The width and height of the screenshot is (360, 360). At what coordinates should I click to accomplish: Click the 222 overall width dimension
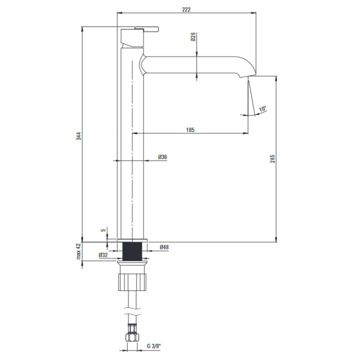pyautogui.click(x=186, y=9)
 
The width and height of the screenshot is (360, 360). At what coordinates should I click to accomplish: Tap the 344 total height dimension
pyautogui.click(x=79, y=136)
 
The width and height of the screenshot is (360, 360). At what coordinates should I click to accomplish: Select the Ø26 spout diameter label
pyautogui.click(x=193, y=36)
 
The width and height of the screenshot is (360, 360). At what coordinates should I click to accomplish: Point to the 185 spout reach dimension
pyautogui.click(x=190, y=130)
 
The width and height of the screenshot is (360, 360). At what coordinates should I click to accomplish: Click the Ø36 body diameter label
pyautogui.click(x=162, y=157)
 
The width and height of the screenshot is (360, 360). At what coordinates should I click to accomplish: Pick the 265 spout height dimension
pyautogui.click(x=272, y=159)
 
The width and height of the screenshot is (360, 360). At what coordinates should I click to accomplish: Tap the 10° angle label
pyautogui.click(x=262, y=109)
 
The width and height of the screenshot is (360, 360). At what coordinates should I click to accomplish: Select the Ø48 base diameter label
pyautogui.click(x=164, y=247)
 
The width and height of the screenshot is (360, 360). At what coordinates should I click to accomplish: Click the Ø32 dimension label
pyautogui.click(x=103, y=255)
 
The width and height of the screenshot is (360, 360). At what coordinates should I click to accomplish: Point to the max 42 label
pyautogui.click(x=79, y=251)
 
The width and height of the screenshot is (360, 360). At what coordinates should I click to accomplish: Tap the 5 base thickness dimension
pyautogui.click(x=103, y=230)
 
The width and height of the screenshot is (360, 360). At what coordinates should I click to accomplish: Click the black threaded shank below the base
pyautogui.click(x=132, y=251)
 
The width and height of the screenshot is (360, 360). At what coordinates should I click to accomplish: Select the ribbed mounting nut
pyautogui.click(x=132, y=282)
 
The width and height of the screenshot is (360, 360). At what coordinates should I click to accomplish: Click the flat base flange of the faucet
pyautogui.click(x=132, y=240)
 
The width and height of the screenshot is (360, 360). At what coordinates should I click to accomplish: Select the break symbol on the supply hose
pyautogui.click(x=132, y=311)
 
